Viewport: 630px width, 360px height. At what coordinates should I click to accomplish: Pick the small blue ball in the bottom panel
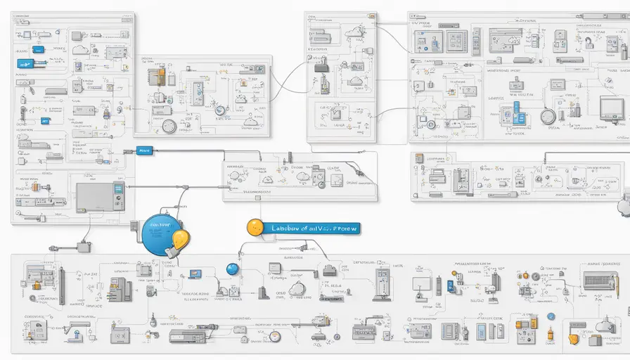[232, 269]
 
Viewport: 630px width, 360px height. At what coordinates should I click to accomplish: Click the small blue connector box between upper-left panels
[144, 150]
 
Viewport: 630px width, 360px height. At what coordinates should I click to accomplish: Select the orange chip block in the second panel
[161, 76]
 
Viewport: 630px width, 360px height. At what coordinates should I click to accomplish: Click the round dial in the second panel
[169, 126]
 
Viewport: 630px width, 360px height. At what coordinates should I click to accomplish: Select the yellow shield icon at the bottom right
[574, 340]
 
